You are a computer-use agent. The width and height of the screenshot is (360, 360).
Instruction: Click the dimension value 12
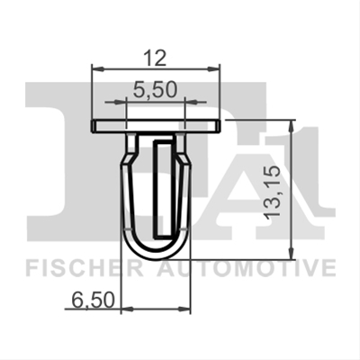[x=154, y=58]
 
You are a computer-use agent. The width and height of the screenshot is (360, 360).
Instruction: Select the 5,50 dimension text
[x=155, y=90]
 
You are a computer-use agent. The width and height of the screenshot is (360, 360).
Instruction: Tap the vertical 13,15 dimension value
[x=272, y=192]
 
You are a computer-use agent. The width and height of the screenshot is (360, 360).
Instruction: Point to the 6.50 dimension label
[x=94, y=301]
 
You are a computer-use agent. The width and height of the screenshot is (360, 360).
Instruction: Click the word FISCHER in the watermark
[x=85, y=269]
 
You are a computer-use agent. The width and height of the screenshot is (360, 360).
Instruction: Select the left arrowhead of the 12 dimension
[x=98, y=69]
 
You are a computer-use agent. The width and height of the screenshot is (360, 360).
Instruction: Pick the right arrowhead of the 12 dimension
[x=213, y=69]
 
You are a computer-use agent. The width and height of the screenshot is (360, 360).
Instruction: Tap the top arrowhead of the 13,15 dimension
[x=291, y=126]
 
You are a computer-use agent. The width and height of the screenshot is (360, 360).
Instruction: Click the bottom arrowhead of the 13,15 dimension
[x=291, y=253]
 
